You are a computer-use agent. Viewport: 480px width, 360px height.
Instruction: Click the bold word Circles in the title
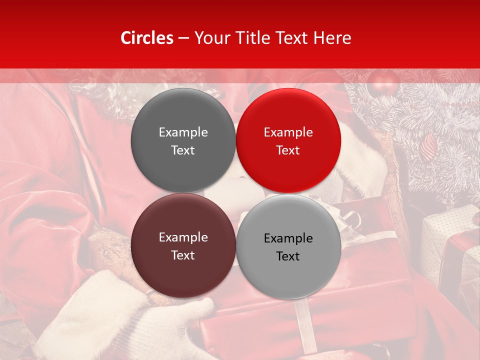tap(146, 38)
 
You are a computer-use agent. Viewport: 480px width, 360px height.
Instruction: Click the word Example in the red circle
tap(288, 132)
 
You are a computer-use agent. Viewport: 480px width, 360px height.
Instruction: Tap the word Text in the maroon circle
tap(183, 255)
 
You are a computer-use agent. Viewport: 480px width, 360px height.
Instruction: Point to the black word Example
tap(288, 238)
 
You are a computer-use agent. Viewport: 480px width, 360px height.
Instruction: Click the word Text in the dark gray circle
tap(183, 150)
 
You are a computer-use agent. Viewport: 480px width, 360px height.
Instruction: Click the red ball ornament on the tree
tap(382, 83)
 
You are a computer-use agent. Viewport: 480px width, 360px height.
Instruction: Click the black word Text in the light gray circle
tap(288, 256)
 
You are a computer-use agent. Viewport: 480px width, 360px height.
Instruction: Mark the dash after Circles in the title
tap(183, 38)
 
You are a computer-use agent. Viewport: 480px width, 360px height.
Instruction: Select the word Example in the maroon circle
tap(183, 237)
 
